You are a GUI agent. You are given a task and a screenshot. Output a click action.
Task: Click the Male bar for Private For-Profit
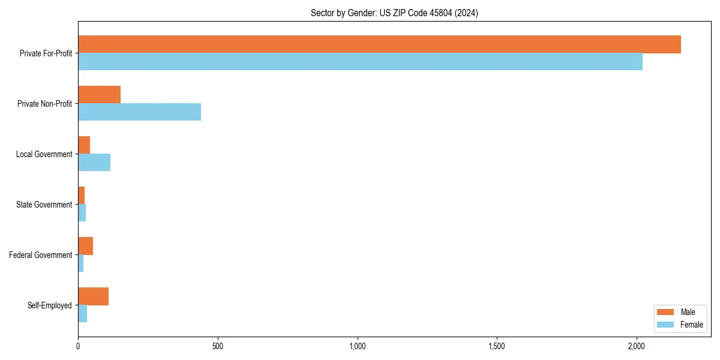(379, 44)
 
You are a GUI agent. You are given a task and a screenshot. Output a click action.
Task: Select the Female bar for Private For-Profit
(360, 62)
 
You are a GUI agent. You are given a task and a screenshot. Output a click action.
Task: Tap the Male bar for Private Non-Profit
(100, 95)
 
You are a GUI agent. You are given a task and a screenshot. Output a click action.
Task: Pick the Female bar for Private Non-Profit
(139, 112)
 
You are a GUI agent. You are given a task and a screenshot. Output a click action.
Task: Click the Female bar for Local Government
(94, 163)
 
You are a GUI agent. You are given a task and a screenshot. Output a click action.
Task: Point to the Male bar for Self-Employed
(94, 296)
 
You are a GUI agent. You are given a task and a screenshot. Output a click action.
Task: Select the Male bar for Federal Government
(86, 246)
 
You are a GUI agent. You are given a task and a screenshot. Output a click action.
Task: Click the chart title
(394, 13)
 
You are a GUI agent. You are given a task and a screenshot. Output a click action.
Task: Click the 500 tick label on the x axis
(218, 346)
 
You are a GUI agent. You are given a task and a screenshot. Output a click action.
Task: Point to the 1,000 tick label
(357, 346)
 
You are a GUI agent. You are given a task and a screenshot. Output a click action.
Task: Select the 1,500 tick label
(497, 346)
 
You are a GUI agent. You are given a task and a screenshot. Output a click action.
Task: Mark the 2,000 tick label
(636, 346)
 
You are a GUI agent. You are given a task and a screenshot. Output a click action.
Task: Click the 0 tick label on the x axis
(78, 346)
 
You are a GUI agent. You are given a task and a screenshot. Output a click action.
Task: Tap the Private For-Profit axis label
(46, 53)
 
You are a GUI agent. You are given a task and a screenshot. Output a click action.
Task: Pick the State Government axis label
(44, 205)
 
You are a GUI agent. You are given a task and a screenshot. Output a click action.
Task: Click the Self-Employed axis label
(50, 305)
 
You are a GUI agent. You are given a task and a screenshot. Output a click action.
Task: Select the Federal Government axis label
(41, 255)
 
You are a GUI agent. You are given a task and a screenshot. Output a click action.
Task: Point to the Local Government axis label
(44, 154)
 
